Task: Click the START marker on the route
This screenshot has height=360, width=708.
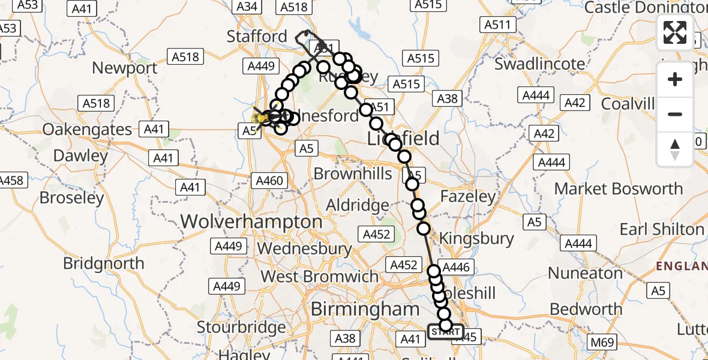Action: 445,332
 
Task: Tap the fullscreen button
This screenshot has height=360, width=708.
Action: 675,32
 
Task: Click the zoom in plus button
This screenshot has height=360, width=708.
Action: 675,79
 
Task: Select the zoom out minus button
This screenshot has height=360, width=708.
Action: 675,114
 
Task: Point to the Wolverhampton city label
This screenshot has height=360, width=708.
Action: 251,221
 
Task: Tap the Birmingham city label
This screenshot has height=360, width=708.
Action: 365,309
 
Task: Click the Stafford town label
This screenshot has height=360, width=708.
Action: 257,36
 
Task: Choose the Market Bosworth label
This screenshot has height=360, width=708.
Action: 618,188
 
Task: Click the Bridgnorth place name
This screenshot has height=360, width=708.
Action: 104,263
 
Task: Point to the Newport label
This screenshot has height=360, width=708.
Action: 125,68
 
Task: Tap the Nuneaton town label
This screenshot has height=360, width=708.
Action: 586,273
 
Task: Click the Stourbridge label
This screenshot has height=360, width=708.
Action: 242,328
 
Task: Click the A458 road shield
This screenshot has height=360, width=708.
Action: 12,180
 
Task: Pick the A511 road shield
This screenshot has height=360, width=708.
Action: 499,25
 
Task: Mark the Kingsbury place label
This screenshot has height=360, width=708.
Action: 476,238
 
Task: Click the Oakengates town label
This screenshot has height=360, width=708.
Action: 88,129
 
